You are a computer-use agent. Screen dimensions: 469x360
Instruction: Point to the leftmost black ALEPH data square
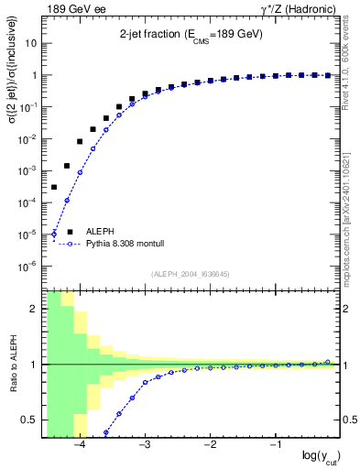(54, 187)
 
